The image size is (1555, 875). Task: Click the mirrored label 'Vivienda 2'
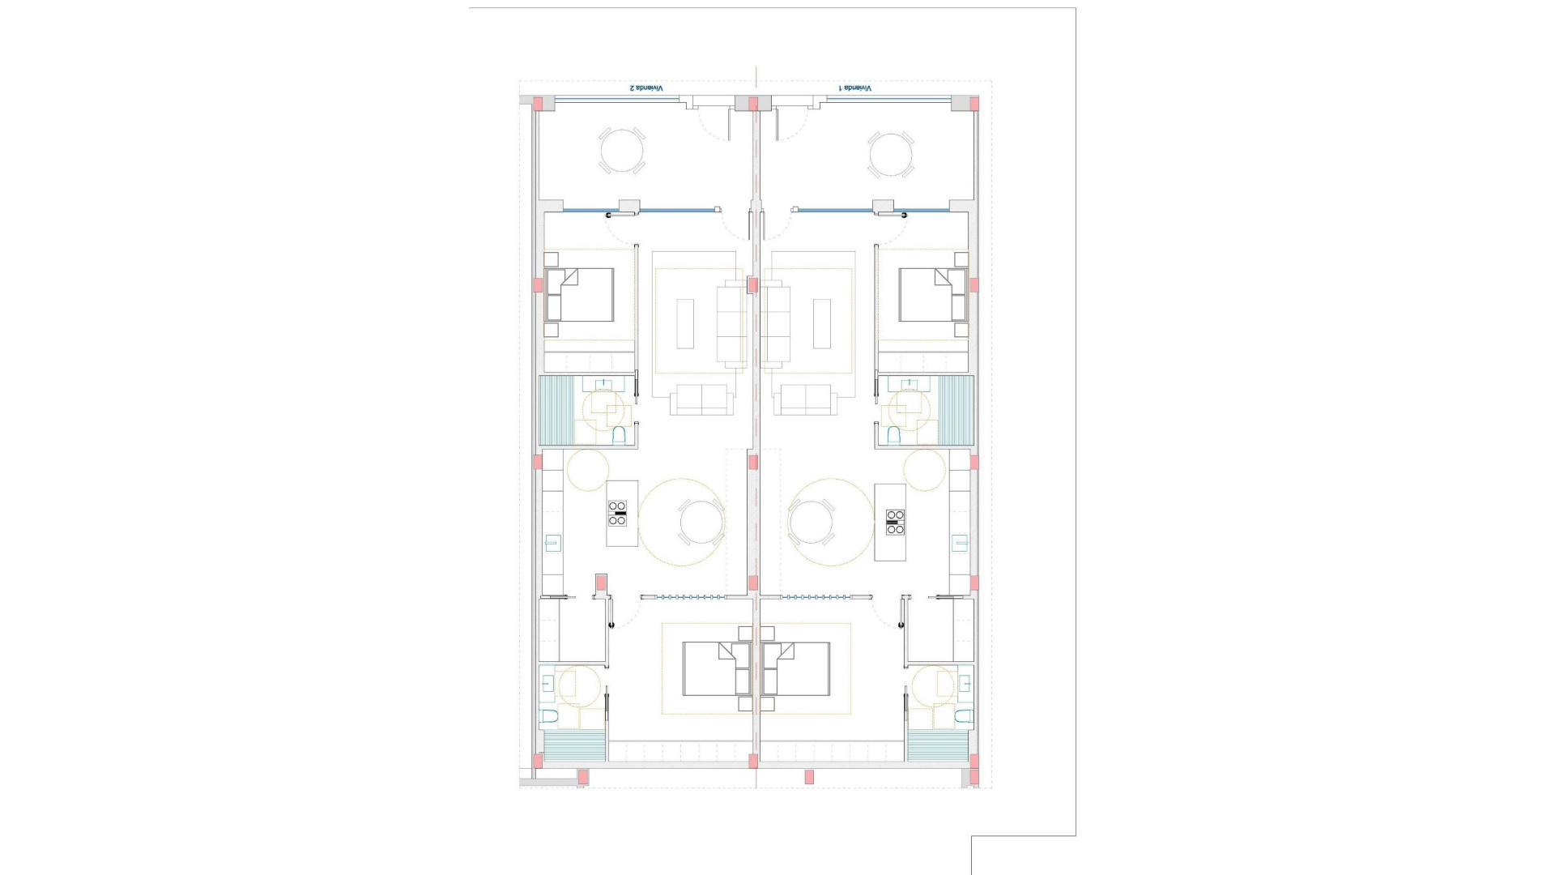point(646,87)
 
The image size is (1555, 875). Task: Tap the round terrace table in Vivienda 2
point(622,151)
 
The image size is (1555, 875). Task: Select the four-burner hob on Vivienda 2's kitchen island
point(617,514)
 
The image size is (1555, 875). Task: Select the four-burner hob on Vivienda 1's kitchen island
point(895,521)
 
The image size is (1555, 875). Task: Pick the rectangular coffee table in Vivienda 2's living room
point(685,323)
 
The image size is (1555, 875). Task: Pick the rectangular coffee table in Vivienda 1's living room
point(822,323)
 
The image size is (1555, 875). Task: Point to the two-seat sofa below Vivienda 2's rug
point(701,399)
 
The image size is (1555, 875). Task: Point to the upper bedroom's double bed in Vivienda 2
point(579,295)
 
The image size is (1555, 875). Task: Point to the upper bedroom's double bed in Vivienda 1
point(932,295)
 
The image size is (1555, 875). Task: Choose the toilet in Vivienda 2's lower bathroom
point(549,717)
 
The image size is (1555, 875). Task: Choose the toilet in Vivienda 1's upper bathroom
point(894,436)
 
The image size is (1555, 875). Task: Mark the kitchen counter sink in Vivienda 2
point(553,543)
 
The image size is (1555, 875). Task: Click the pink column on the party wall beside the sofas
point(753,285)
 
